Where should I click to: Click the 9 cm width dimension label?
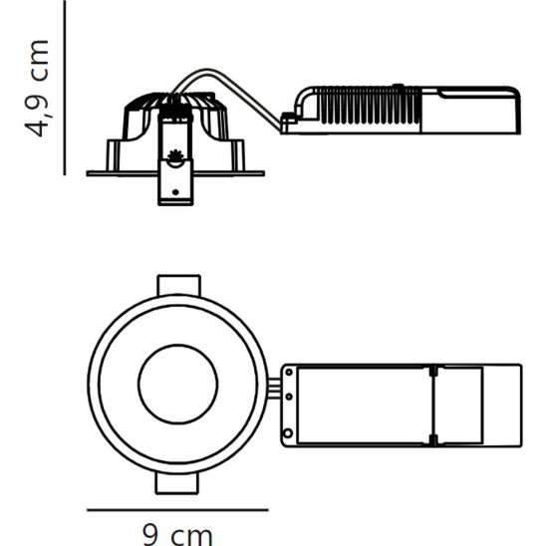click(177, 533)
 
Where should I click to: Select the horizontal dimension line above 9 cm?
click(177, 509)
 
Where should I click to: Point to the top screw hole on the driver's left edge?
click(290, 371)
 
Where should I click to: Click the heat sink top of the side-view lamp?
click(176, 102)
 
